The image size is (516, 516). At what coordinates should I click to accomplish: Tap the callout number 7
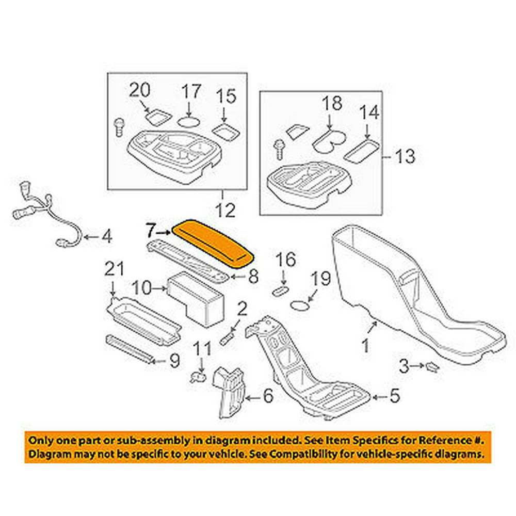150,229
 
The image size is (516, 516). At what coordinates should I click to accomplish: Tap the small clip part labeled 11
196,378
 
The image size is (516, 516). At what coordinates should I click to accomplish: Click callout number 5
394,396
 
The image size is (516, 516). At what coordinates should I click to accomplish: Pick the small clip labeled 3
431,367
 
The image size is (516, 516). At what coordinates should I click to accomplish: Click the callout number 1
365,345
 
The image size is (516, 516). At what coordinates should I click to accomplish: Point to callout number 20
139,91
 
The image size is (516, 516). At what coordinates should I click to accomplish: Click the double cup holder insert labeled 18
331,140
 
